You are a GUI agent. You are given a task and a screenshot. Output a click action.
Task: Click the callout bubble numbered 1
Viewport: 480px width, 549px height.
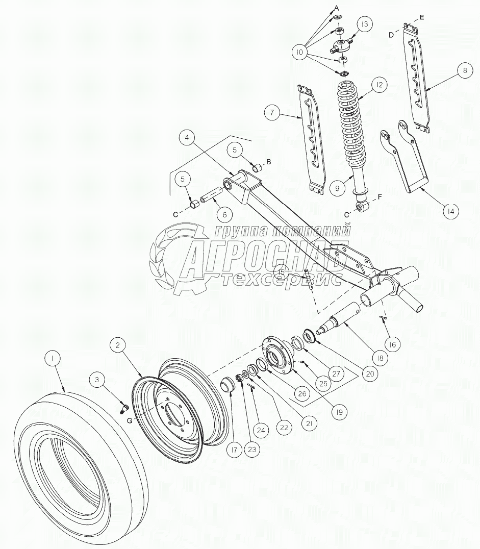tap(52, 359)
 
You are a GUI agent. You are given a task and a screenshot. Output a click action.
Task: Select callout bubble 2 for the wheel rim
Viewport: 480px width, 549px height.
tap(118, 345)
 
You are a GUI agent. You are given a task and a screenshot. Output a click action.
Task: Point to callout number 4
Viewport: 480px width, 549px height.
tap(188, 138)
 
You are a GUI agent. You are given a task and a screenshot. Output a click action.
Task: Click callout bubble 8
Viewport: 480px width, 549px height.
tap(464, 72)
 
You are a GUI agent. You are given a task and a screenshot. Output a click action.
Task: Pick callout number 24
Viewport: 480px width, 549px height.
tap(261, 431)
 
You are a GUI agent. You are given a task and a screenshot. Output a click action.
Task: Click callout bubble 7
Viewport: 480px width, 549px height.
tap(272, 112)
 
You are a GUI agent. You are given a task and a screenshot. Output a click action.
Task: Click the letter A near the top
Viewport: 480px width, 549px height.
tap(337, 8)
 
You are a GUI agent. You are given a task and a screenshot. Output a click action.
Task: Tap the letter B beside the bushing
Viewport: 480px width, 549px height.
tap(269, 161)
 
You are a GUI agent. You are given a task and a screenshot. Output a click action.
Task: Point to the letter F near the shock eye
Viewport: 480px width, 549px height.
tap(378, 196)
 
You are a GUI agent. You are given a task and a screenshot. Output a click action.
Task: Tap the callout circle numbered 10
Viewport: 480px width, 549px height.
tap(299, 52)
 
